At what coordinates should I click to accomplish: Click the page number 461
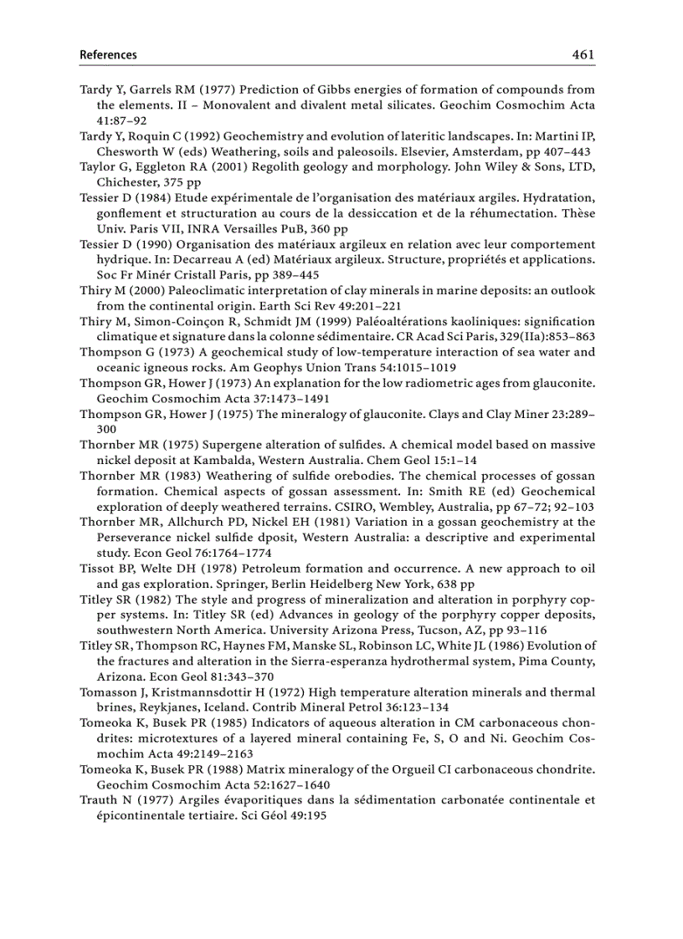click(583, 54)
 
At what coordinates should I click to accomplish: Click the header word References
click(108, 55)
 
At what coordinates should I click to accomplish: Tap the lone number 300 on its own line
click(106, 428)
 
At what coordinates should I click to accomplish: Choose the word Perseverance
click(137, 538)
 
